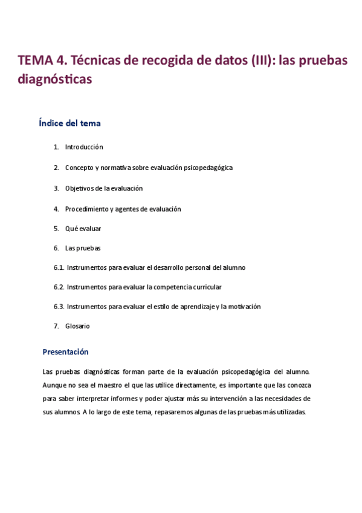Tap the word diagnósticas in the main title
(55, 79)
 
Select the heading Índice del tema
(69, 123)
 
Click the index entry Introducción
(84, 147)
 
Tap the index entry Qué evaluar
(83, 229)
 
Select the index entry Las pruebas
(82, 248)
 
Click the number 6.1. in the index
(59, 267)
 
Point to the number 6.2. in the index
(59, 287)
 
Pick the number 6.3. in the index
(59, 307)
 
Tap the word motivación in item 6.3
(244, 307)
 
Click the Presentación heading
(65, 351)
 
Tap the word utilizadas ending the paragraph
(289, 412)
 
